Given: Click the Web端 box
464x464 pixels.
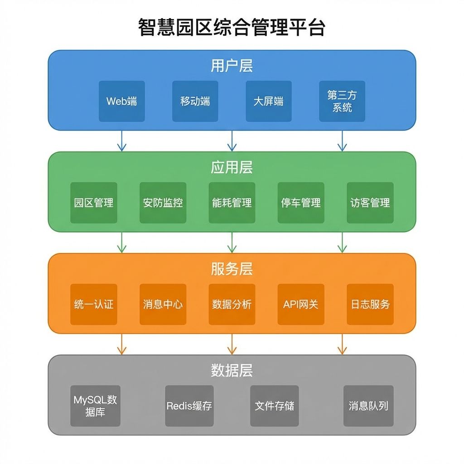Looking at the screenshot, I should coord(122,101).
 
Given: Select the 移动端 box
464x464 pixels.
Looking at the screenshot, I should coord(195,101).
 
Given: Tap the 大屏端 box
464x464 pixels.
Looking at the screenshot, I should coord(269,101).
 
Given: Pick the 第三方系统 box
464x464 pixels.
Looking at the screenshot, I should coord(342,101).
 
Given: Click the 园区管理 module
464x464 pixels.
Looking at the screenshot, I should coord(94,203).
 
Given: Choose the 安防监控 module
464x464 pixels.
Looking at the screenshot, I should coord(163,203).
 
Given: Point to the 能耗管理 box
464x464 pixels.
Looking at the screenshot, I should coord(232,203).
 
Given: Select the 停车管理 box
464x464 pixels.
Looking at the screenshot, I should coord(301,203).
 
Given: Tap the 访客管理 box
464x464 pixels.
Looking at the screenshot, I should coord(370,203).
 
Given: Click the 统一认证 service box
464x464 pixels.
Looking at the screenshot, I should coord(94,304).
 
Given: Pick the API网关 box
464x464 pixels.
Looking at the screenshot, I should coord(301,304).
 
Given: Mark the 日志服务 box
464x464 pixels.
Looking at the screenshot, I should coord(370,304).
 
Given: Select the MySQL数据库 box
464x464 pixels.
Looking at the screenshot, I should coord(96,406).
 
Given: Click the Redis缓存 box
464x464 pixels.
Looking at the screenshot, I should coord(189,406).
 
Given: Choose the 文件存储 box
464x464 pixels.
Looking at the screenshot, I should coord(275,406).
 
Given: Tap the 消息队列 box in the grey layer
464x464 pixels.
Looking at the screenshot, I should coord(368,406).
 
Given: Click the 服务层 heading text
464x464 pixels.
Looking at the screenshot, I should coord(232,269).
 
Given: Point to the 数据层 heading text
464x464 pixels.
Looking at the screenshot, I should coord(232,371).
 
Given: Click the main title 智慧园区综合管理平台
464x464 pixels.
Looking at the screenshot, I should coord(232,28).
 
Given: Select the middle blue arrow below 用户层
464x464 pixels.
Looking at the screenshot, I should coord(232,141).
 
